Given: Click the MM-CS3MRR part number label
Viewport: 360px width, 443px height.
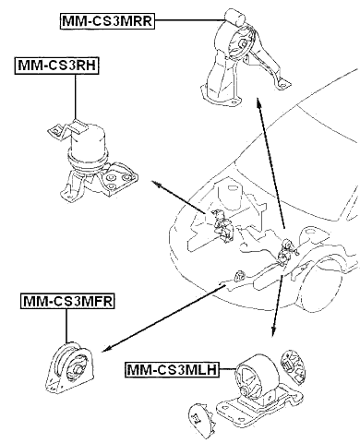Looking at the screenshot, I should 107,20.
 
